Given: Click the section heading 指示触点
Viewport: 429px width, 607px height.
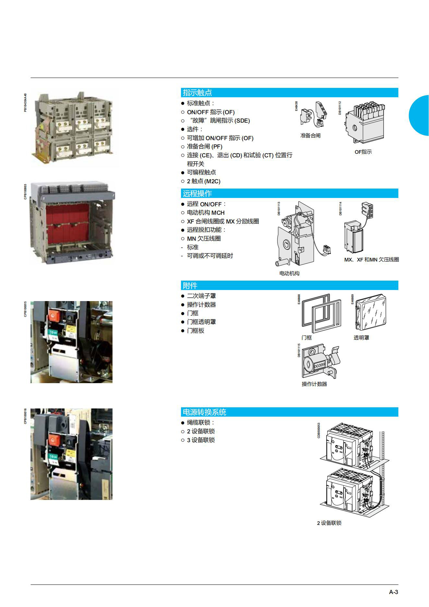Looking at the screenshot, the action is [197, 92].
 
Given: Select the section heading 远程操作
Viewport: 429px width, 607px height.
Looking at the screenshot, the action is [197, 193].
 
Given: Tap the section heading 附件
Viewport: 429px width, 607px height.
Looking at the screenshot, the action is [190, 285].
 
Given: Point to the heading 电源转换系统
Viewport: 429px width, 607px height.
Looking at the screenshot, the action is [204, 412].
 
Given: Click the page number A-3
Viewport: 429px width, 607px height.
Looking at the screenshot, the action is [393, 592].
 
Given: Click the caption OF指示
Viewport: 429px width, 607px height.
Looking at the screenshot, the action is [363, 152].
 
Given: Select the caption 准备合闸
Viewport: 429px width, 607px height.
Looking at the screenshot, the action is [310, 136].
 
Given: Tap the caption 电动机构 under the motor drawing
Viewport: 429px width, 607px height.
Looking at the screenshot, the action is [289, 273].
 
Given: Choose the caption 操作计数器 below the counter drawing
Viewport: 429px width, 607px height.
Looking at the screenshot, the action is [314, 384].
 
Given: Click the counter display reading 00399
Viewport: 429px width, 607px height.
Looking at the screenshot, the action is [319, 365].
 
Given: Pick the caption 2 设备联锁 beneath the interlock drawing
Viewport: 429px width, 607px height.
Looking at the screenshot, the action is [329, 523].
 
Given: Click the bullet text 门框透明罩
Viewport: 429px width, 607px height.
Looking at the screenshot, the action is [201, 322].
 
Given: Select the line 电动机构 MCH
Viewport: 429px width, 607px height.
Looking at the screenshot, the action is [206, 213].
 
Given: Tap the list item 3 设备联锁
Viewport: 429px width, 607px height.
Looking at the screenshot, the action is [201, 440].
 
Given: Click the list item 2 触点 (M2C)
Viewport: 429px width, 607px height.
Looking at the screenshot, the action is [204, 181].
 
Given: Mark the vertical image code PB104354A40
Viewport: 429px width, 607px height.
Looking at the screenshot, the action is [25, 103].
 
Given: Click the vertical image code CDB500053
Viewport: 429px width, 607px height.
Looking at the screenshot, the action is [319, 430].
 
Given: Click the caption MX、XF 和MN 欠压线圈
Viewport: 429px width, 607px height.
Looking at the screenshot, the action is [372, 260].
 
